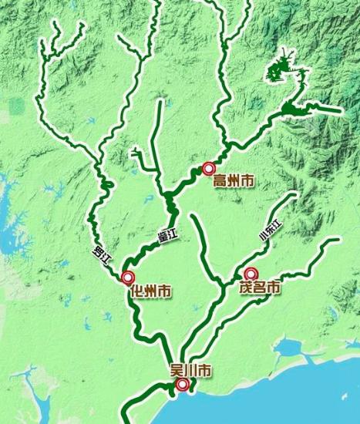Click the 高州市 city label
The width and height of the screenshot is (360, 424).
[x=233, y=182]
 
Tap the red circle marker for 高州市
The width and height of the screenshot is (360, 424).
[x=208, y=167]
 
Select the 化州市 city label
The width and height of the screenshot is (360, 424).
[x=151, y=291]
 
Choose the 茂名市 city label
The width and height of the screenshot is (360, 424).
[x=258, y=288]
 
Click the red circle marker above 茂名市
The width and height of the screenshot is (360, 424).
[x=250, y=274]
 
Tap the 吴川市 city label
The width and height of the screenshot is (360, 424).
[x=190, y=371]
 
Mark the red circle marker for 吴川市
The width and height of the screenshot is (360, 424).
[x=182, y=385]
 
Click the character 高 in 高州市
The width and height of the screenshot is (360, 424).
[x=220, y=182]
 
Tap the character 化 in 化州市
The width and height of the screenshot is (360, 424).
[x=138, y=291]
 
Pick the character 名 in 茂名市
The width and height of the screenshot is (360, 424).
[x=258, y=288]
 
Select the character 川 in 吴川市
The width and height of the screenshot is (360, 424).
[x=190, y=371]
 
